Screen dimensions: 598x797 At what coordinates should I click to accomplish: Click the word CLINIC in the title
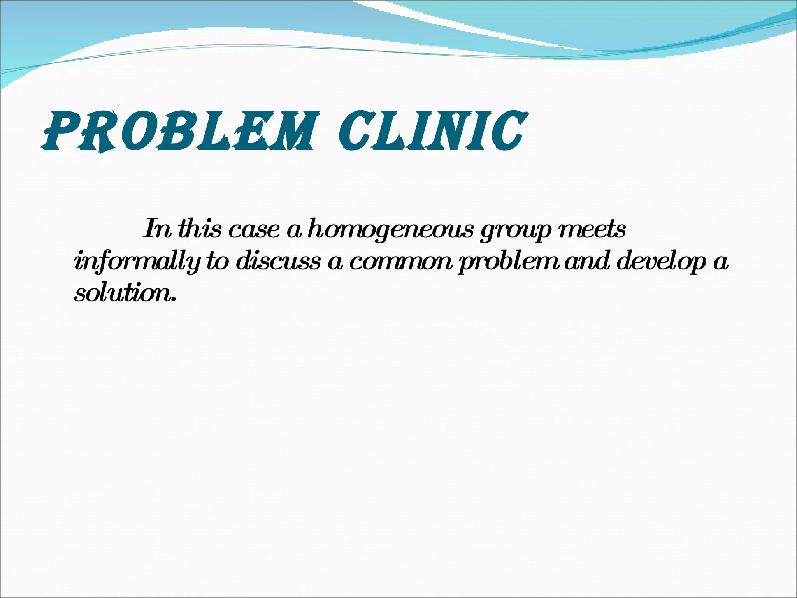pyautogui.click(x=432, y=131)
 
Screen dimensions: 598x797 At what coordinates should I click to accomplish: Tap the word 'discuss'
pyautogui.click(x=278, y=261)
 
